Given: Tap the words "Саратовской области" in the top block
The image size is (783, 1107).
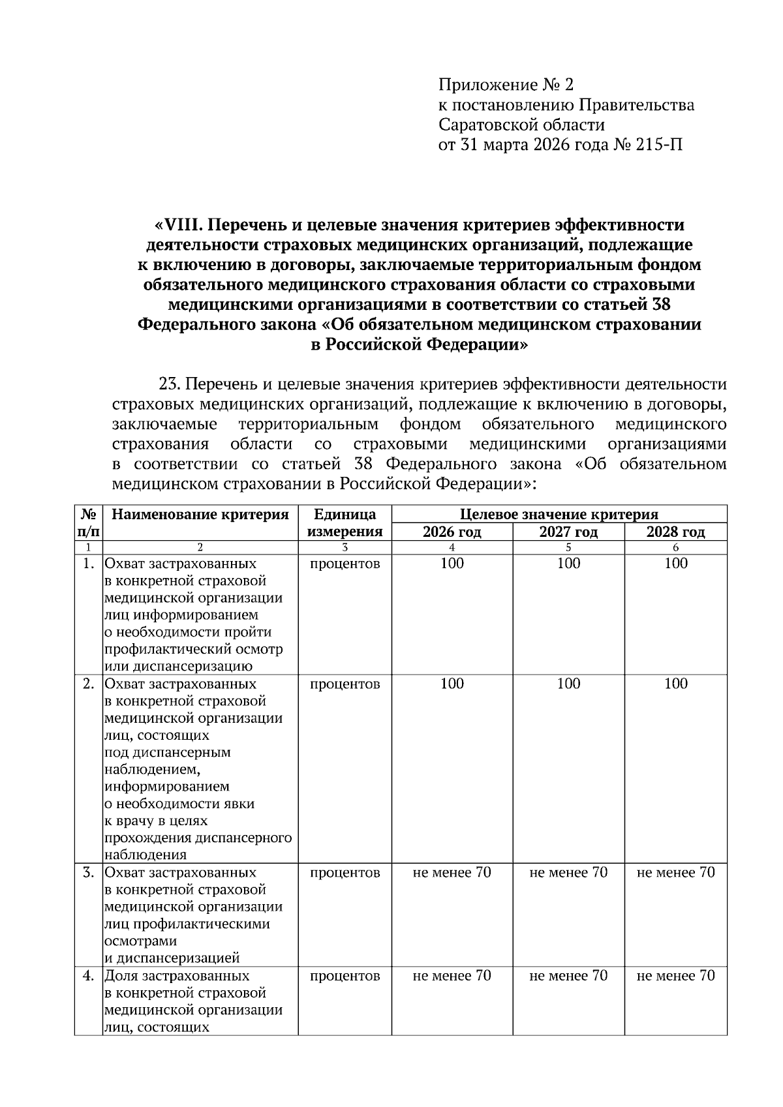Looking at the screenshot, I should point(521,125).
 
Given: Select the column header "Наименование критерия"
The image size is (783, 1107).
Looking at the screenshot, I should point(200,515).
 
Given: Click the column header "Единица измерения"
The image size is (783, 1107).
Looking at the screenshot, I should point(345,523).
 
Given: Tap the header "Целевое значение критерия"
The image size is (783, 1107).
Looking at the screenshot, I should point(559,515).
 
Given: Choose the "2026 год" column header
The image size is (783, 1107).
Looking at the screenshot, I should point(452,532).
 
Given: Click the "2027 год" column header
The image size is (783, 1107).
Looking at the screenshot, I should point(568,532).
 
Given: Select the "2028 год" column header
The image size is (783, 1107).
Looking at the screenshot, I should point(675,532).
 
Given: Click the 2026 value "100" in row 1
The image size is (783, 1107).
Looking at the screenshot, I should point(452,564).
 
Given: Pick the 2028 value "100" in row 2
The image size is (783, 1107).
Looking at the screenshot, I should point(675,684).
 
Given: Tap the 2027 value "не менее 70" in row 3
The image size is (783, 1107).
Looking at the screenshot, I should point(568,872).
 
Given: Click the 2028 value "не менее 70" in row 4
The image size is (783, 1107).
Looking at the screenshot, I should point(675,975).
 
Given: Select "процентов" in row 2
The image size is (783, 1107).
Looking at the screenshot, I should point(345,684).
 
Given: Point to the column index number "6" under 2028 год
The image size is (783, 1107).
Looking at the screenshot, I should point(675,547).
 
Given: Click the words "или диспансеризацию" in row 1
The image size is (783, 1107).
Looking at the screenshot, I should point(178,666).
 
